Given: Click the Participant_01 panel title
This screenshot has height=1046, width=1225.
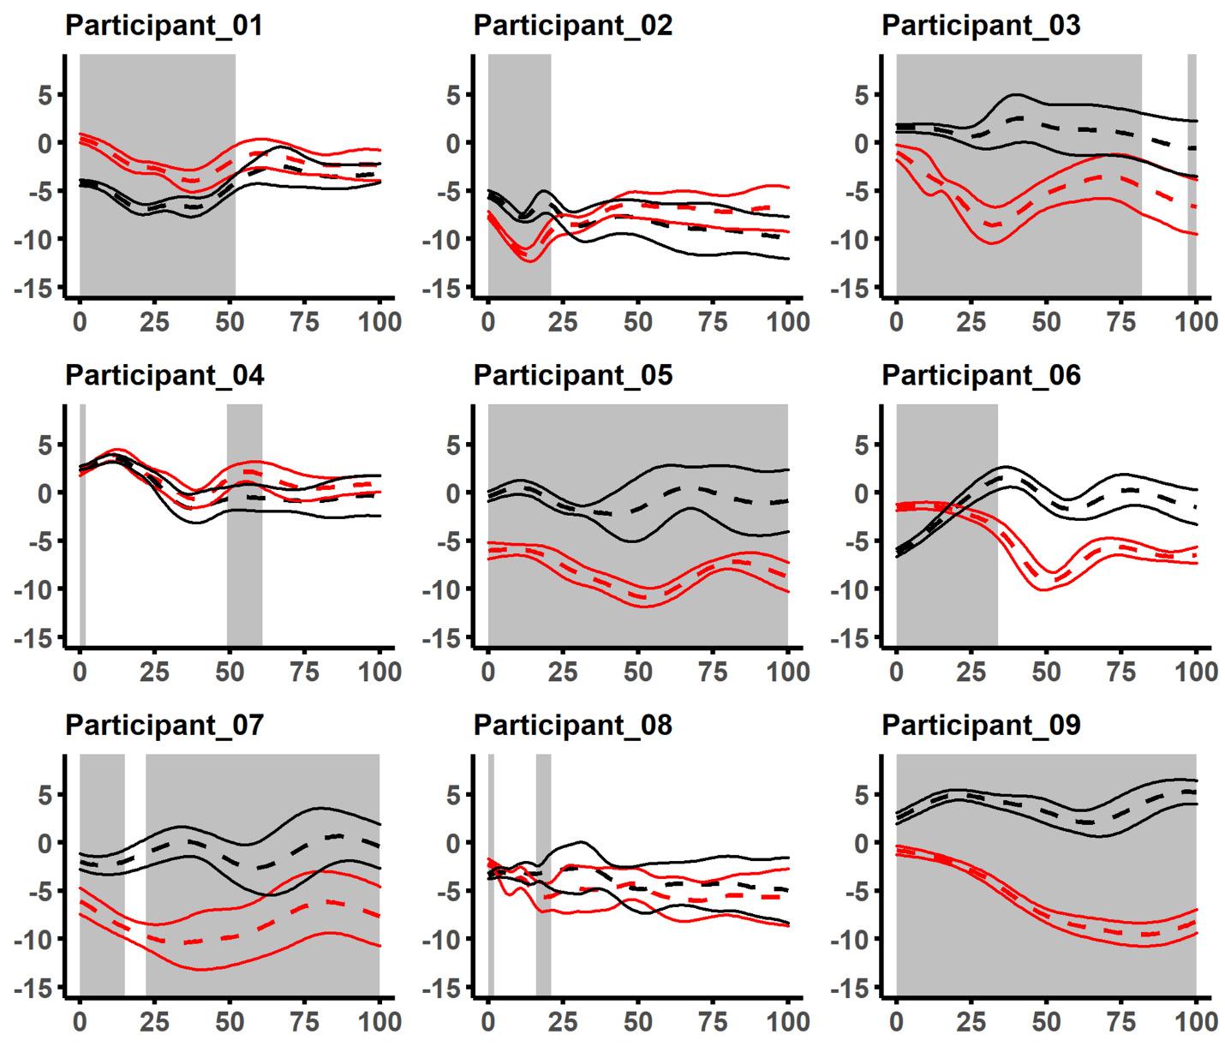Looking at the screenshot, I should [x=164, y=26].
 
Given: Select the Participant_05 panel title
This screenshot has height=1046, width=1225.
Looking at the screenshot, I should [x=572, y=375].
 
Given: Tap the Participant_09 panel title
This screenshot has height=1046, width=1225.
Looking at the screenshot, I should [x=981, y=726].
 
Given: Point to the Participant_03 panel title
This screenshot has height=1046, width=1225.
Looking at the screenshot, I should [x=981, y=26].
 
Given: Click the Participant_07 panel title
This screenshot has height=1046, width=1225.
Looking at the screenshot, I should [x=164, y=726].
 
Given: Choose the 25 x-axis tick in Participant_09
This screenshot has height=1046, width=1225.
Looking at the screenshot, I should [x=971, y=1022].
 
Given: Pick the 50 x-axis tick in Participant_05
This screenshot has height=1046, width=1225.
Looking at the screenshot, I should [x=638, y=672].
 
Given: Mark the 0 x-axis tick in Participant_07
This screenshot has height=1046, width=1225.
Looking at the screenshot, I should [x=80, y=1022].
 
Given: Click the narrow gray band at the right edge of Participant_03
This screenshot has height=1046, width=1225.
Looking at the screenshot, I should [x=1192, y=176].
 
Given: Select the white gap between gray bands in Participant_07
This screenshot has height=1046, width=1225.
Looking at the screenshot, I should [x=135, y=874].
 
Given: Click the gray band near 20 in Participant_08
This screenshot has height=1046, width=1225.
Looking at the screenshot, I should [x=543, y=874].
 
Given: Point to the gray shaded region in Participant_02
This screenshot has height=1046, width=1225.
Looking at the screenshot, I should [x=519, y=176].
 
